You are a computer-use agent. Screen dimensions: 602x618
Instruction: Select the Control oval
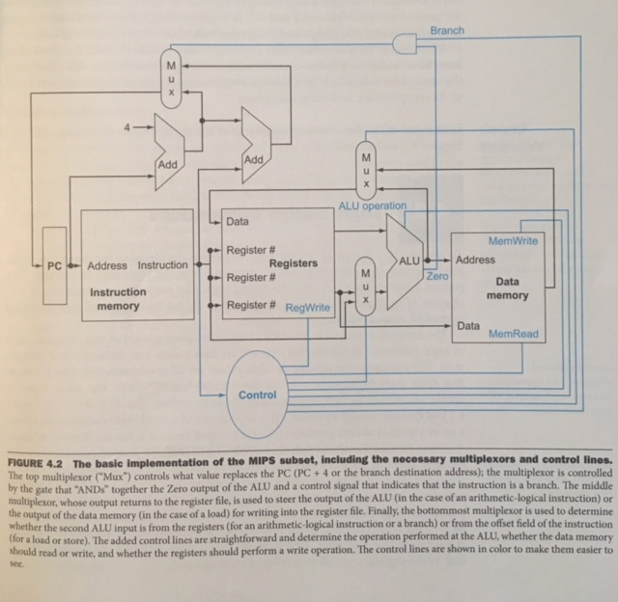pos(257,395)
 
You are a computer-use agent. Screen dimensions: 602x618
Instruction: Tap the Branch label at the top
pos(447,31)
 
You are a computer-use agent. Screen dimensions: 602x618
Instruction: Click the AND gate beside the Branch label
pos(407,44)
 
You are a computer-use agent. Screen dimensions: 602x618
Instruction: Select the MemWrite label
pos(514,240)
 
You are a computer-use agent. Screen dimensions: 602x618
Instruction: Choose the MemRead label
pos(513,335)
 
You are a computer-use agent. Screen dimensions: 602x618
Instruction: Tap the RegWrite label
pos(309,307)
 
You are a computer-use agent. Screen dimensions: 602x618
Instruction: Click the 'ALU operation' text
pos(372,205)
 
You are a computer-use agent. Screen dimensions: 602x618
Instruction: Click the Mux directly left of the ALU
pos(365,285)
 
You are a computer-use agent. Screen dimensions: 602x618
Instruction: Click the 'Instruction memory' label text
pos(118,299)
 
